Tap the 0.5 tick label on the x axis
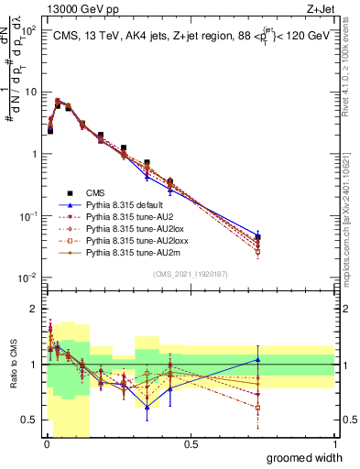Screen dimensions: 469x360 click(x=191, y=444)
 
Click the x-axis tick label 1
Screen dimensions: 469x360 click(x=334, y=444)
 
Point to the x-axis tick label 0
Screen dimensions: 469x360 click(x=47, y=444)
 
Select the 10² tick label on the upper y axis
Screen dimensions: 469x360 click(x=28, y=30)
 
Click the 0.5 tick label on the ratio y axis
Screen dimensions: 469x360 click(x=31, y=420)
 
